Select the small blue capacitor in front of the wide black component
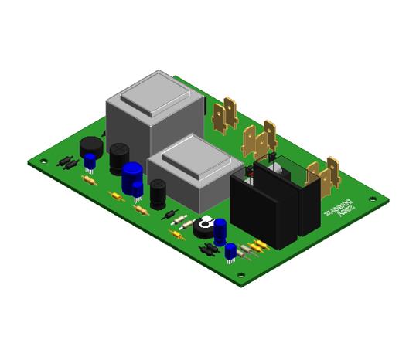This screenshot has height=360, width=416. coord(90,162)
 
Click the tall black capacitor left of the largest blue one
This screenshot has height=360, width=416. coord(118,158)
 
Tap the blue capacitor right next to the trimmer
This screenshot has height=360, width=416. coord(220,230)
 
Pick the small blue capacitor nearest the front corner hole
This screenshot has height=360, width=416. coord(230,253)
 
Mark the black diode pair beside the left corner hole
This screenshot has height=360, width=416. coord(66,163)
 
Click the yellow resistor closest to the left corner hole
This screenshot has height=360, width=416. coord(89,181)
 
